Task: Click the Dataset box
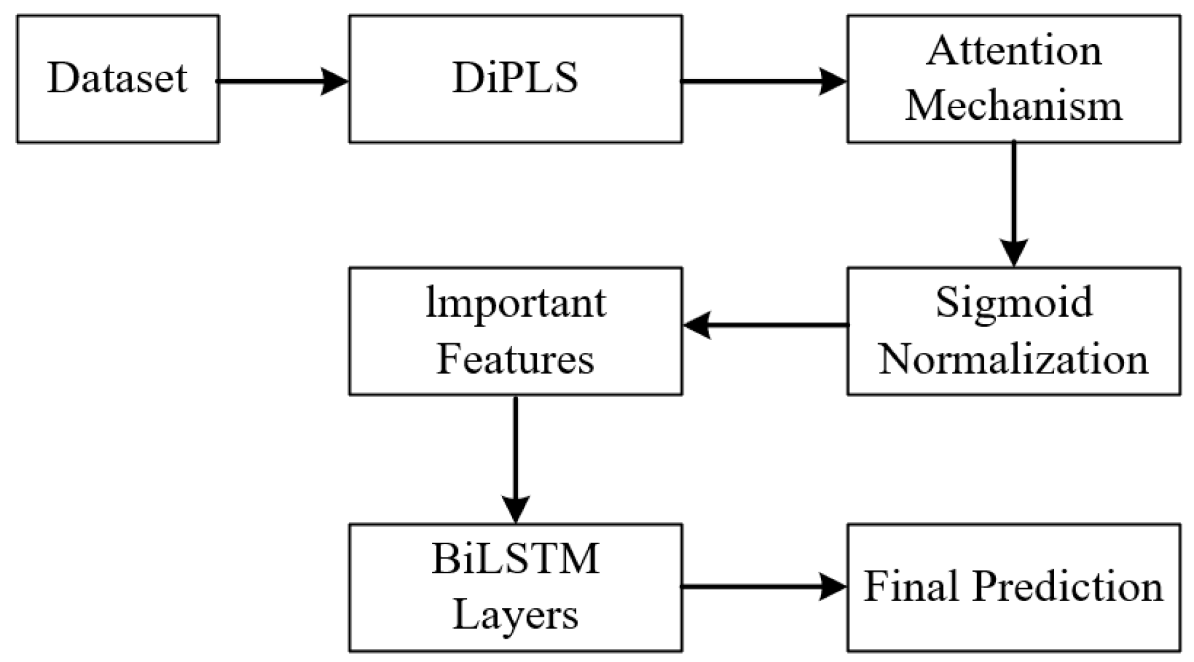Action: [117, 78]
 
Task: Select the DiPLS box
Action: [515, 78]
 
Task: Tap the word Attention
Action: [1013, 51]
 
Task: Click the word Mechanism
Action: [1013, 106]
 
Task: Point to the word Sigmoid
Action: [1013, 303]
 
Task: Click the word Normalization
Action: [1013, 360]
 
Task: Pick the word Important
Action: [515, 303]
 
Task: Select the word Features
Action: [515, 360]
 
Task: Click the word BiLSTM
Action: [515, 558]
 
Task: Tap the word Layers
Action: [515, 615]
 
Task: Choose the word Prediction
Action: [1068, 586]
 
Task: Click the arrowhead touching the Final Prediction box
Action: [833, 586]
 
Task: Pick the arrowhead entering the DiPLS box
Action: [335, 81]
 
